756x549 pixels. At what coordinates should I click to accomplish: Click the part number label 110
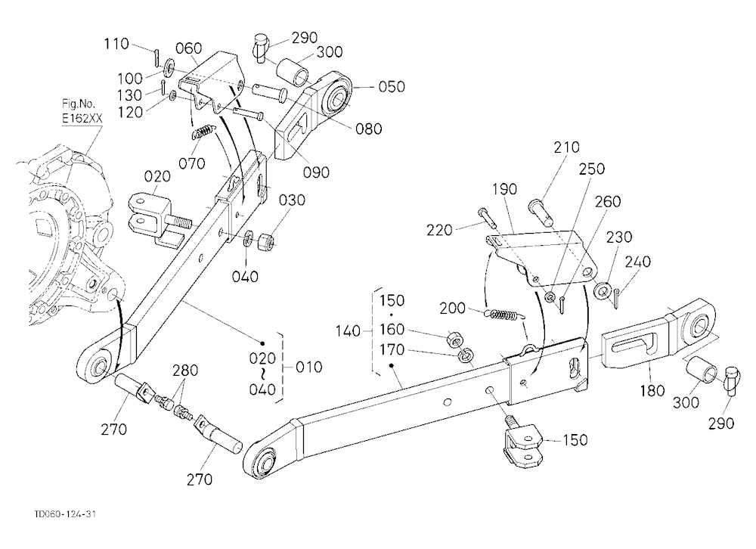(x=116, y=44)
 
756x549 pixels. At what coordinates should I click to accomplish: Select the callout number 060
(x=188, y=48)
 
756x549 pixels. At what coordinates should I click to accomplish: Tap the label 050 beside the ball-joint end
(x=392, y=87)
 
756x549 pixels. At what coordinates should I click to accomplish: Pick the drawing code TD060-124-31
(x=65, y=514)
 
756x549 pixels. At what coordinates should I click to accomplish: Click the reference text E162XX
(x=82, y=118)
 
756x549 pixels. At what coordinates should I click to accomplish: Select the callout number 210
(x=566, y=147)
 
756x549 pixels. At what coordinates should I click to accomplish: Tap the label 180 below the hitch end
(x=652, y=390)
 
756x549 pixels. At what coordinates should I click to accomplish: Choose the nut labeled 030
(x=265, y=242)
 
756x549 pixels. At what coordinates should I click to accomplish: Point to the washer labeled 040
(x=248, y=238)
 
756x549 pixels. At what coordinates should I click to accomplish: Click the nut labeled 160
(x=454, y=339)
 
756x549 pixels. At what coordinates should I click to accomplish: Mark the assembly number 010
(x=308, y=367)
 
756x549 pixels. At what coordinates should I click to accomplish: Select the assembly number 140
(x=348, y=331)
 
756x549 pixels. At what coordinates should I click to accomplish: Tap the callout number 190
(x=504, y=189)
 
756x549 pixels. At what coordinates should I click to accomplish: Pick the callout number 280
(x=185, y=371)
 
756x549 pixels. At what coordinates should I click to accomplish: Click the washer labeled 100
(x=170, y=67)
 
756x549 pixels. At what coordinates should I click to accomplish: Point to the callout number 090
(x=316, y=172)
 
